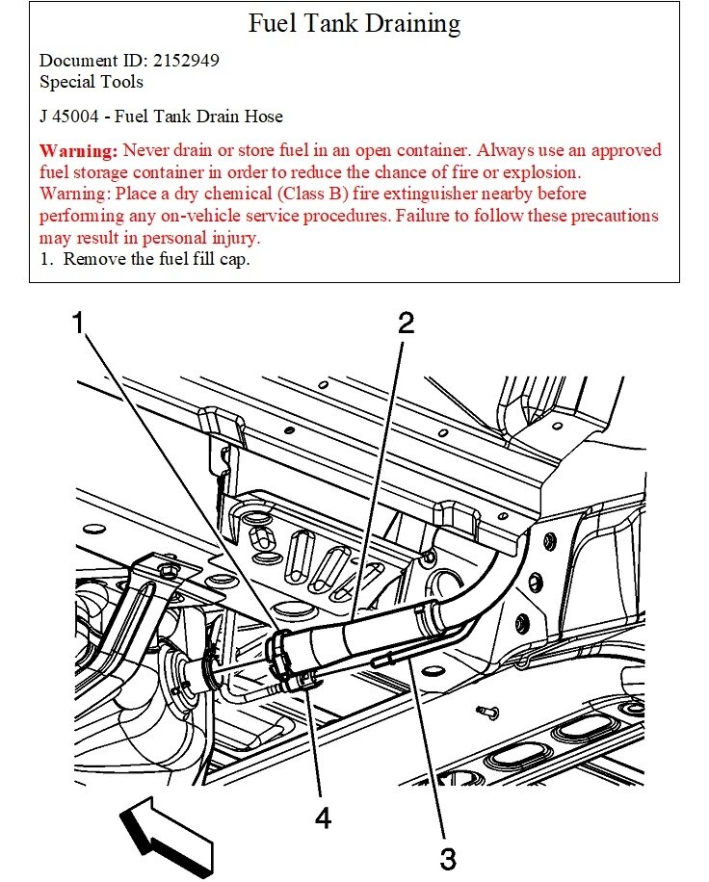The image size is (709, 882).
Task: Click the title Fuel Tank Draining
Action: click(x=354, y=23)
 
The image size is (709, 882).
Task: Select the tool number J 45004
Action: click(x=73, y=117)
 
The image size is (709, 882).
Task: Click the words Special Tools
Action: click(x=92, y=82)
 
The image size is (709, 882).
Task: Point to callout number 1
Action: click(x=82, y=323)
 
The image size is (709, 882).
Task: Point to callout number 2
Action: click(x=407, y=323)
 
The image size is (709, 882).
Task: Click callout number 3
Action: click(x=447, y=855)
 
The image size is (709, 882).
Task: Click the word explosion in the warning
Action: click(x=534, y=172)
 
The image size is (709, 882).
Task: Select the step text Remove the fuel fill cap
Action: click(x=157, y=259)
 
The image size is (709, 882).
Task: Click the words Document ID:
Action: click(x=84, y=61)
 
